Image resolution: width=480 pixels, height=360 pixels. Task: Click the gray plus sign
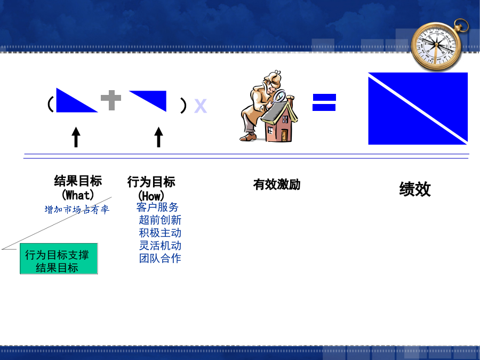[x=111, y=100]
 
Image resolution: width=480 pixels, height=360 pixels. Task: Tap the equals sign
[x=324, y=102]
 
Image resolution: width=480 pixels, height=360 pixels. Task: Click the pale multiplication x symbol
[x=201, y=106]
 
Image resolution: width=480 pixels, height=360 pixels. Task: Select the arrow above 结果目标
[x=76, y=137]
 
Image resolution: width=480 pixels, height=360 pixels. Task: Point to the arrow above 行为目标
[x=158, y=137]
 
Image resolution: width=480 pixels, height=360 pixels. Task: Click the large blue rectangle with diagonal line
[x=418, y=108]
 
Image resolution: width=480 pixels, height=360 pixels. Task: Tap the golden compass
[x=437, y=45]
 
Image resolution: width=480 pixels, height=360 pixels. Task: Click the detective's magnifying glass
[x=278, y=97]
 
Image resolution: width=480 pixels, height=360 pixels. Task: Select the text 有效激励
[x=277, y=185]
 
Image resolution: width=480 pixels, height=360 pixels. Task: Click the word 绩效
[x=415, y=189]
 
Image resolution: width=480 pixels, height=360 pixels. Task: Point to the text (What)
[x=78, y=195]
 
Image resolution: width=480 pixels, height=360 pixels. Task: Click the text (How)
[x=151, y=196]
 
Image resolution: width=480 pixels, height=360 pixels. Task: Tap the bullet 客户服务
[x=157, y=207]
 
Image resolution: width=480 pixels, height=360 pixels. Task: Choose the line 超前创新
[x=160, y=220]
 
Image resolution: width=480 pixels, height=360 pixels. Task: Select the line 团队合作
[x=160, y=258]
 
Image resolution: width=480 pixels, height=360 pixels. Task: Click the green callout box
[x=59, y=259]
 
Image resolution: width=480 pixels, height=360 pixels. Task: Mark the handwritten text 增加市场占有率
[x=77, y=210]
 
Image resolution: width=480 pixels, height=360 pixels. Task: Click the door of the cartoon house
[x=284, y=135]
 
